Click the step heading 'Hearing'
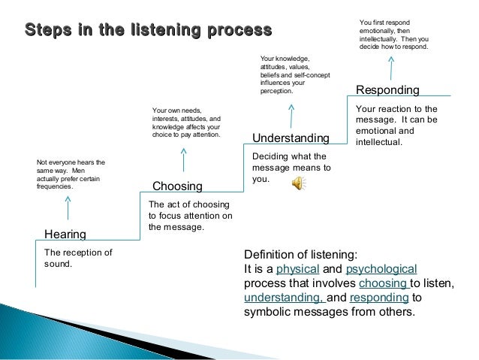65,234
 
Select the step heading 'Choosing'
177,186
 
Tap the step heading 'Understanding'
291,138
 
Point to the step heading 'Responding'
387,90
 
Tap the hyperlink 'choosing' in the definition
383,283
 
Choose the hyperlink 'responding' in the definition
378,298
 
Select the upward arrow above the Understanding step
291,113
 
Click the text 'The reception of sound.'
78,258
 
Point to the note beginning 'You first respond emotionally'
393,34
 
